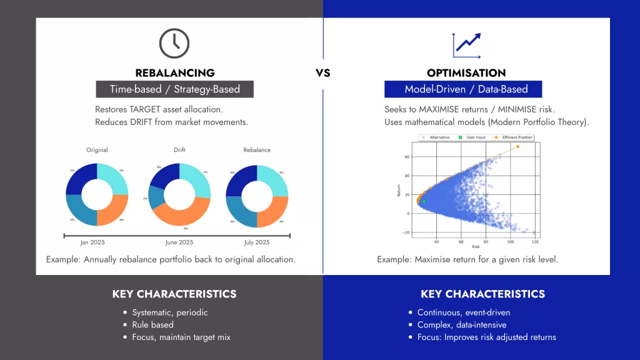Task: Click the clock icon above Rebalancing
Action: (x=174, y=42)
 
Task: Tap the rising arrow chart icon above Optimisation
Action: (x=466, y=43)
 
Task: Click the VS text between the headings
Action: (x=322, y=73)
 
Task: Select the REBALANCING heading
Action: (x=175, y=73)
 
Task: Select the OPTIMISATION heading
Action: (x=466, y=73)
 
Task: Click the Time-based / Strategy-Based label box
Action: (x=175, y=89)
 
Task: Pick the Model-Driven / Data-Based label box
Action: (x=463, y=89)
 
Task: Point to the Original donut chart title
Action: (x=97, y=150)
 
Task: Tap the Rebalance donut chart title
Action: (x=257, y=150)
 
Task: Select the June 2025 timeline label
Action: (x=179, y=242)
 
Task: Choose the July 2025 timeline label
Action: (x=257, y=242)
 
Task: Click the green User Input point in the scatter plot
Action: (x=424, y=201)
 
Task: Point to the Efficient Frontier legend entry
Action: (x=513, y=137)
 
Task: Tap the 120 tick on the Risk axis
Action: (x=535, y=242)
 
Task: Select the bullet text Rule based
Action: (x=153, y=325)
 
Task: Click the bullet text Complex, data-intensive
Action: (x=462, y=325)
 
